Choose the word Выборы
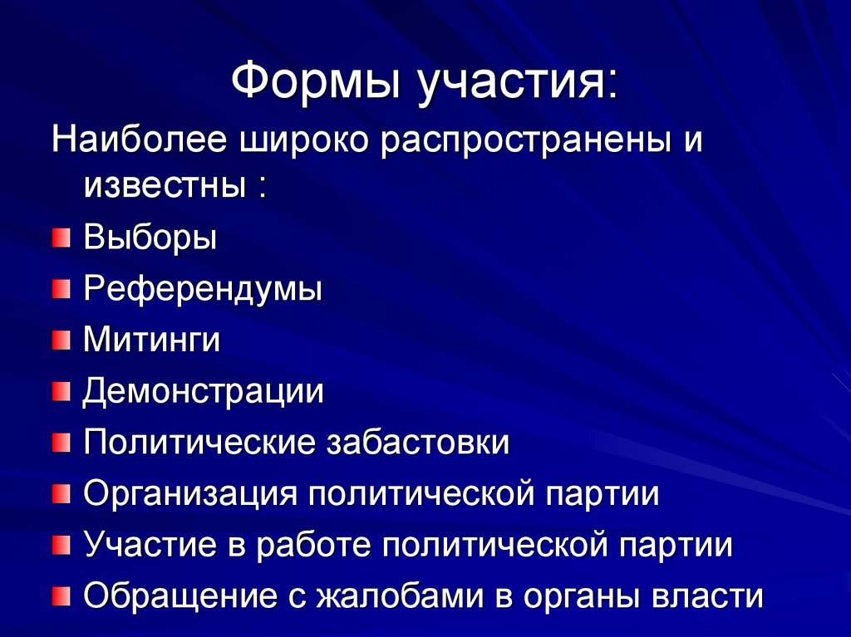[150, 239]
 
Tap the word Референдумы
[203, 290]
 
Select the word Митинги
[151, 341]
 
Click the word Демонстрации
[203, 391]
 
